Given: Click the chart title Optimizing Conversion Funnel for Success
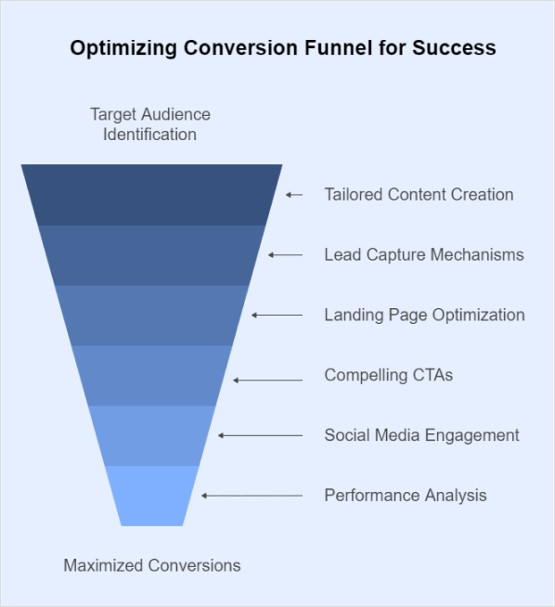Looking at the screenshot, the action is pyautogui.click(x=283, y=48).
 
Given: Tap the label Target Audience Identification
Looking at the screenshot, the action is pyautogui.click(x=150, y=124).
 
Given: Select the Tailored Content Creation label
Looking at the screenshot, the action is pyautogui.click(x=419, y=194).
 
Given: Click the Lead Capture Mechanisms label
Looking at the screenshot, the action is pyautogui.click(x=424, y=254).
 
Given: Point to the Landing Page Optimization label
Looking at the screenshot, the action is pyautogui.click(x=424, y=316).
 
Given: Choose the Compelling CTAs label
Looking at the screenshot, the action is pyautogui.click(x=389, y=375).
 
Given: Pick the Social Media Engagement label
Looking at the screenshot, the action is pyautogui.click(x=422, y=435).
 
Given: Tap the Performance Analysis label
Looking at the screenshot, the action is pyautogui.click(x=406, y=496).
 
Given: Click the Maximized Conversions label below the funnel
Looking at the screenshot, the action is pyautogui.click(x=151, y=565).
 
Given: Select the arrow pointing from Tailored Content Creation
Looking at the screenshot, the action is pyautogui.click(x=294, y=195).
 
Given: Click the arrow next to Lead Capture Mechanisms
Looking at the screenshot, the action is pyautogui.click(x=285, y=255).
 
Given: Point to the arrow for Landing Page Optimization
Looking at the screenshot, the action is pyautogui.click(x=277, y=316).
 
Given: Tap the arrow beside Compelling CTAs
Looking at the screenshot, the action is pyautogui.click(x=268, y=381).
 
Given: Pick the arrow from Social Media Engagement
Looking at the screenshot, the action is pyautogui.click(x=260, y=436).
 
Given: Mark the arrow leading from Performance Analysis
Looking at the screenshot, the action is pyautogui.click(x=252, y=496).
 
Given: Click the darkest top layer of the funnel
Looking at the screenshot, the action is pyautogui.click(x=151, y=195).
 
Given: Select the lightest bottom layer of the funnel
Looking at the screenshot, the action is pyautogui.click(x=151, y=496).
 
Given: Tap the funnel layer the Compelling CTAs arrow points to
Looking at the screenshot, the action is pyautogui.click(x=151, y=376).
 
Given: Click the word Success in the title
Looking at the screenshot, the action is pyautogui.click(x=454, y=48).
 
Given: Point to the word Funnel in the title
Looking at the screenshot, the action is pyautogui.click(x=338, y=48).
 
